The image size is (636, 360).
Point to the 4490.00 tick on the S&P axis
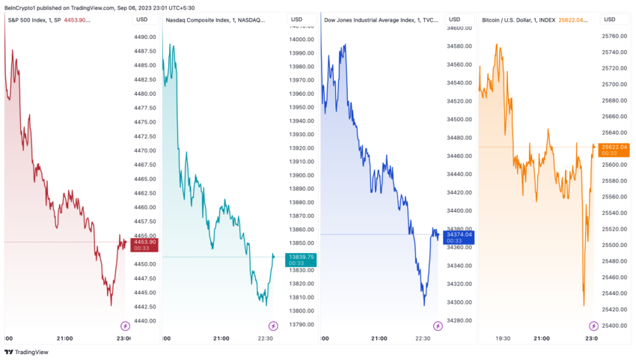coord(144,37)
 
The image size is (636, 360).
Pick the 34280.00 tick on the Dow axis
coord(459,320)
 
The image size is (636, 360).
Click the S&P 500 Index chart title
coord(34,19)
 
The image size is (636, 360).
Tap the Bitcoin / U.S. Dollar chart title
coord(518,19)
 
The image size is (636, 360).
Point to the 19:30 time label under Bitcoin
coord(503,338)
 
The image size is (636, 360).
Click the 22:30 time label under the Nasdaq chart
coord(266,338)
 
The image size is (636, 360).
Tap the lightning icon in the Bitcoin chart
coord(593,326)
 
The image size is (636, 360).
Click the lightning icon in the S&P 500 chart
coord(125,326)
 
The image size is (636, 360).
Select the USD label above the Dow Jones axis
coord(454,19)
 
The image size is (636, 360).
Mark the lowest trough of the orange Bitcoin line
coord(584,305)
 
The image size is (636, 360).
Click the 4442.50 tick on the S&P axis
coord(144,307)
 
